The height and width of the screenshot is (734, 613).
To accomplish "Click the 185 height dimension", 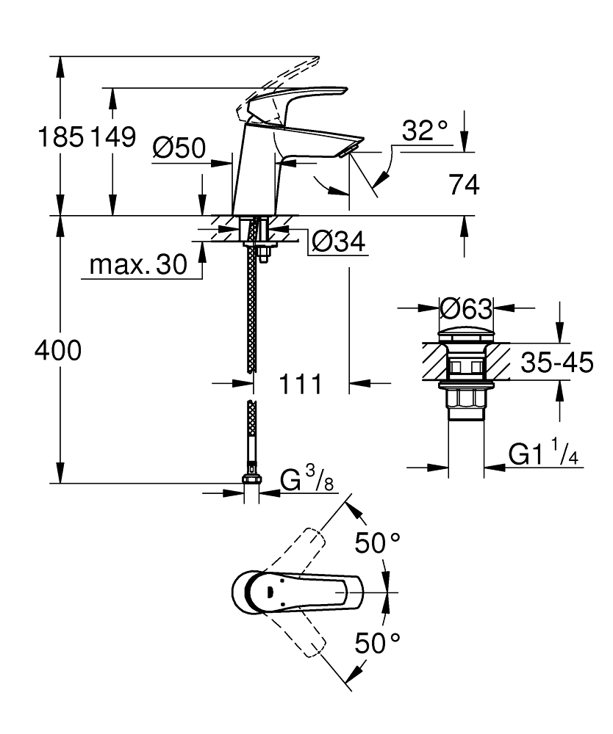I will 61,137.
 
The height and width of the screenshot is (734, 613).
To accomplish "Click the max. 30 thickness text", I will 138,265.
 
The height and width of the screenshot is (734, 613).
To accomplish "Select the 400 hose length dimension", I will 58,352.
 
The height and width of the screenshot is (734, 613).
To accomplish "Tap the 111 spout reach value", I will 301,383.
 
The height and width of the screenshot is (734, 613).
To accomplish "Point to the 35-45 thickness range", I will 556,363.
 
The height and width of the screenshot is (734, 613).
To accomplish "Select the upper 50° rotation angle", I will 378,543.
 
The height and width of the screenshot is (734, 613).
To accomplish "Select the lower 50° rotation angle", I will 378,644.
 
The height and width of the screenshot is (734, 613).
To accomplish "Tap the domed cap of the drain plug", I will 465,333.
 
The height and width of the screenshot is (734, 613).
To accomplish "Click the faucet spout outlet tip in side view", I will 348,149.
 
